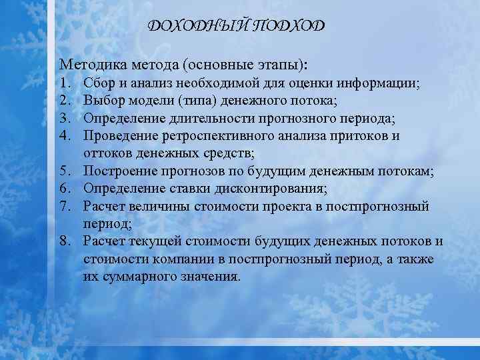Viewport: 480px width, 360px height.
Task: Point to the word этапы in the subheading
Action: coord(279,65)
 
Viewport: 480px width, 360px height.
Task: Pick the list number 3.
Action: coord(64,119)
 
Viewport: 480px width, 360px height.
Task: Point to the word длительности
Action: coord(215,119)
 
